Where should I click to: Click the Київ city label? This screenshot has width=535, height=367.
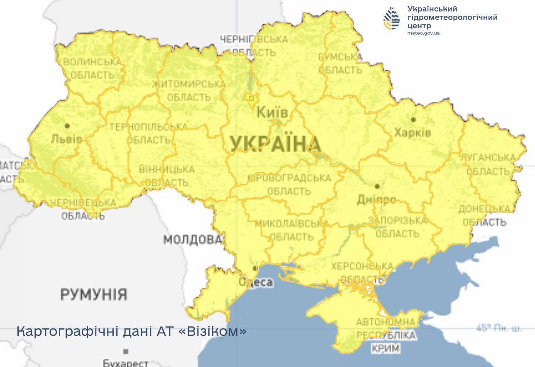[x=272, y=112]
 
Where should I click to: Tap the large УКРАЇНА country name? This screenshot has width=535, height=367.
[x=276, y=144]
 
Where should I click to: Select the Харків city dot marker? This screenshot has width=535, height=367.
[x=413, y=120]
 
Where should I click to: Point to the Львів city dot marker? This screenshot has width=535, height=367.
[x=67, y=125]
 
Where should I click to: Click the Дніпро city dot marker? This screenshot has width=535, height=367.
[x=377, y=186]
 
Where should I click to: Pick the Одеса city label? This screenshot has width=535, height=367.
[x=256, y=282]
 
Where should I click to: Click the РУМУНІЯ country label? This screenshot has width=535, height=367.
[x=94, y=295]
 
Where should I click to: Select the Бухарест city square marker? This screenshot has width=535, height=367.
[x=126, y=351]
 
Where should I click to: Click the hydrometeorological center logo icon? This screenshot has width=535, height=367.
[x=392, y=19]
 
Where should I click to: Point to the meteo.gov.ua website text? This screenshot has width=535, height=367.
[x=423, y=33]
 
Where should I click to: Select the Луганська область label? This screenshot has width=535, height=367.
[x=488, y=164]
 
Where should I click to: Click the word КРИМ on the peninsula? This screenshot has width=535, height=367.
[x=386, y=348]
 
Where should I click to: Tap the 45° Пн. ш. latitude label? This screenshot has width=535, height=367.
[x=498, y=328]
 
